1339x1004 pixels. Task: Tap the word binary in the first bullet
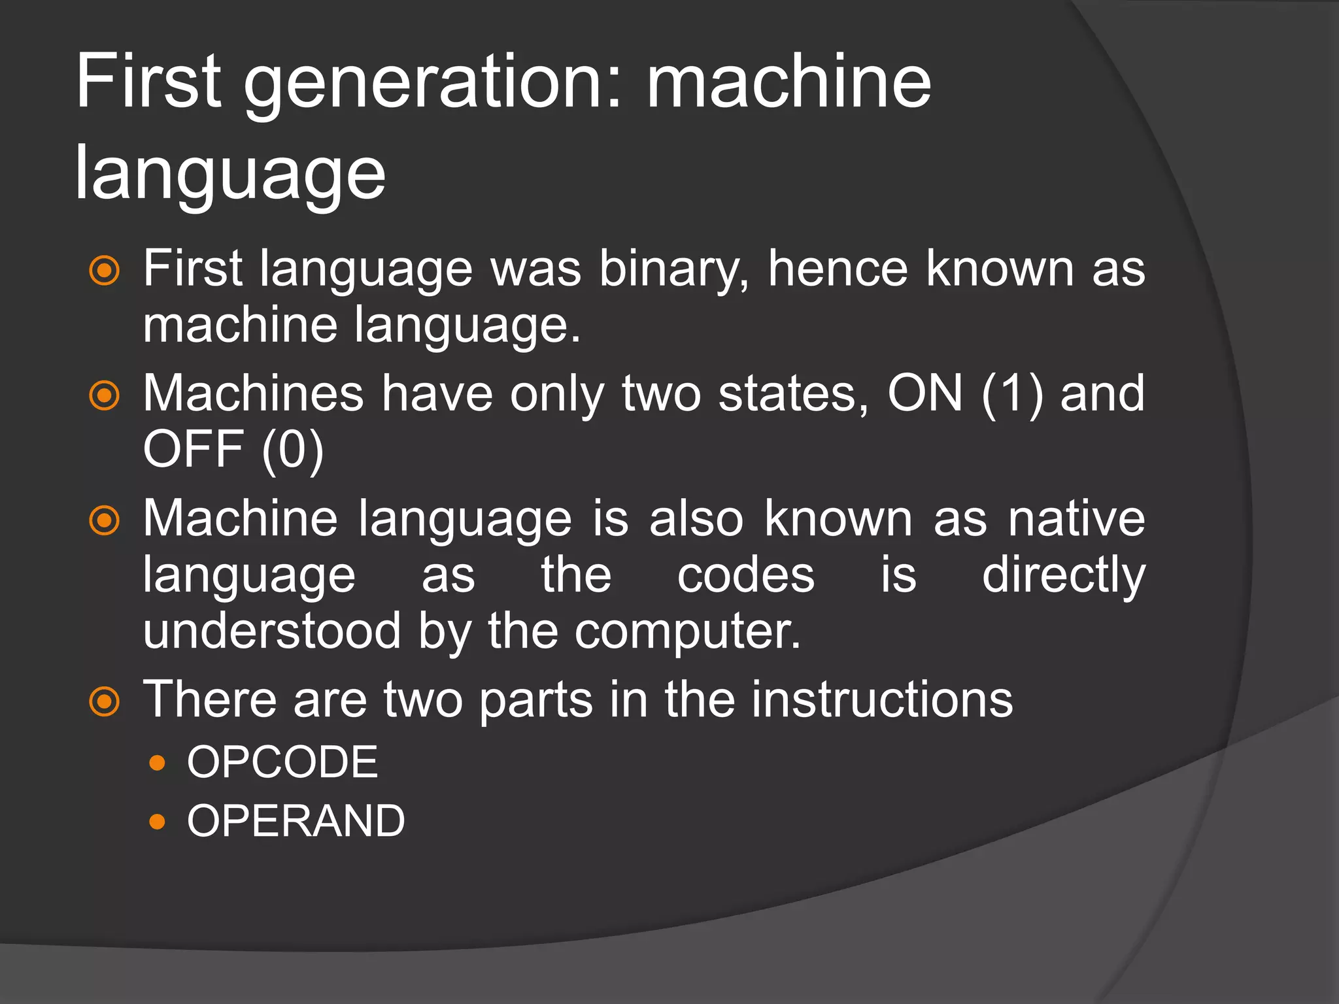(x=673, y=269)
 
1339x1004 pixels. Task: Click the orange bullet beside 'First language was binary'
(x=105, y=271)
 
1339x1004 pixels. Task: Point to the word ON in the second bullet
(x=924, y=393)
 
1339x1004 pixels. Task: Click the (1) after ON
(x=1011, y=395)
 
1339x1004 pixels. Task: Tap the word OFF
(x=193, y=450)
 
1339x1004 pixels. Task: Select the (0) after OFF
(x=292, y=451)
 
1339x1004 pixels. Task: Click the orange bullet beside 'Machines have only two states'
(x=105, y=395)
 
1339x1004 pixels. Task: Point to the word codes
(x=746, y=576)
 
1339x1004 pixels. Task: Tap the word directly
(x=1064, y=577)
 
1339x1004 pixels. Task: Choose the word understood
(x=271, y=631)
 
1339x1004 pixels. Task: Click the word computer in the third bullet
(x=687, y=633)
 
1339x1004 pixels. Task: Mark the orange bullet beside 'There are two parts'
(x=105, y=702)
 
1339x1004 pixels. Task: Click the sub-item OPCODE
(x=282, y=762)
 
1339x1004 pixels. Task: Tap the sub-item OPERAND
(x=296, y=821)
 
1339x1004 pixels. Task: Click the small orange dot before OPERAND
(x=157, y=821)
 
